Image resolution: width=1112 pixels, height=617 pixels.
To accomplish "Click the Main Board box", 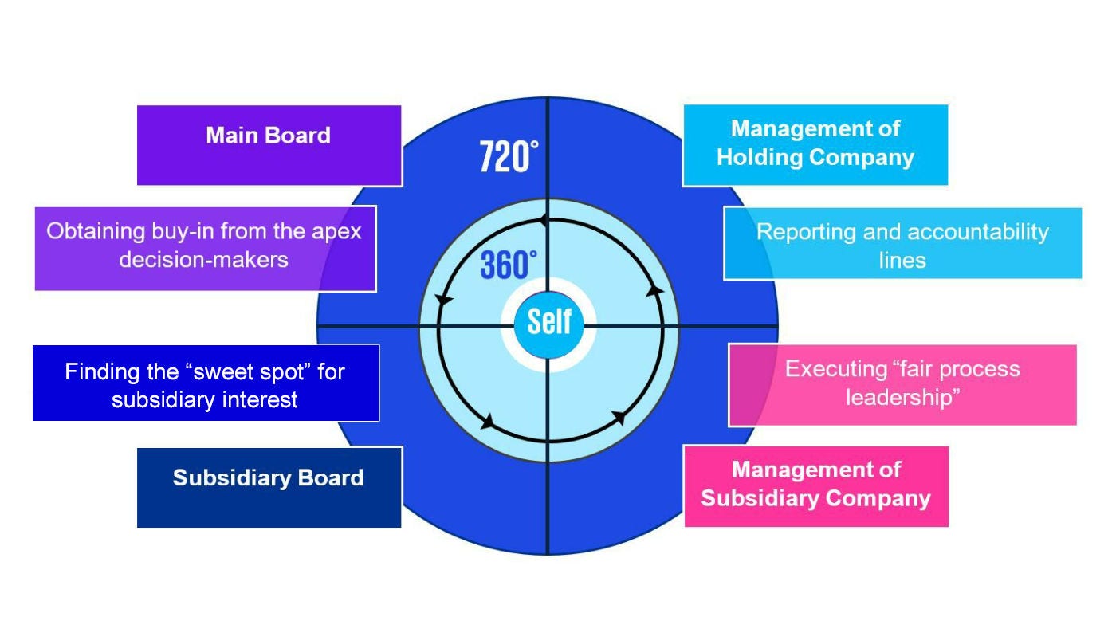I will click(x=269, y=145).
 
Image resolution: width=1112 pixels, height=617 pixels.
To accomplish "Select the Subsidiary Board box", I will click(x=269, y=486).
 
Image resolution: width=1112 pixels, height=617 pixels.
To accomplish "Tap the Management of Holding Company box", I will click(x=815, y=144).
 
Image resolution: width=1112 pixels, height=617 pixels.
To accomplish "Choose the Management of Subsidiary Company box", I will click(x=815, y=485).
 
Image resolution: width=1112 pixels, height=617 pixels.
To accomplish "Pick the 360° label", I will click(x=509, y=265).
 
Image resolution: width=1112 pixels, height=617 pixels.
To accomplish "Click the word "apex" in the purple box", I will click(x=334, y=231).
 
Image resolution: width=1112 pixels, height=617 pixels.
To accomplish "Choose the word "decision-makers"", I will click(x=203, y=259).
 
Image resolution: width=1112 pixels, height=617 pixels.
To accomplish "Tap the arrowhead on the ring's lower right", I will click(x=619, y=418).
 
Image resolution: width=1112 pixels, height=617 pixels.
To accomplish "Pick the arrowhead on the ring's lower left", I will click(x=487, y=422).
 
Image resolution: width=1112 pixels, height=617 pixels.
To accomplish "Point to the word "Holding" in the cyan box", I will click(x=758, y=157).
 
